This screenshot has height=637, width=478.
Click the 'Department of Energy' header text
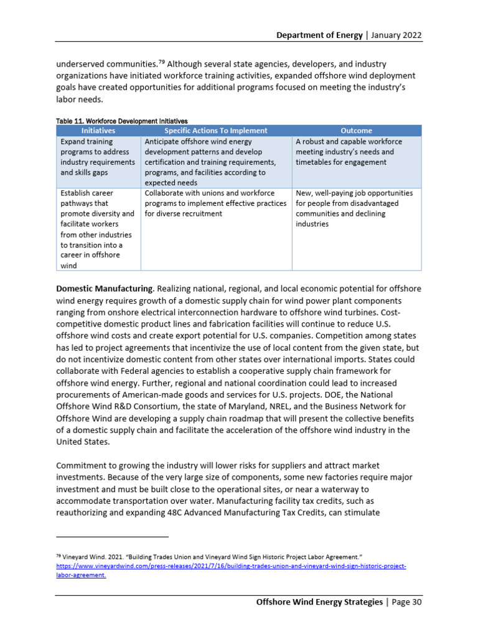[319, 35]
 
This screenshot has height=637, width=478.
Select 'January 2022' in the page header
[396, 35]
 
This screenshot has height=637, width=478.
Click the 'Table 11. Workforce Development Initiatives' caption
[122, 121]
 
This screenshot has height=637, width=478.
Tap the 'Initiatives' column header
[98, 131]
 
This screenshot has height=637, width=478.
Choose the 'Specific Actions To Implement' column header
[216, 131]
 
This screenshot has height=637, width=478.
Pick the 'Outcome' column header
[357, 131]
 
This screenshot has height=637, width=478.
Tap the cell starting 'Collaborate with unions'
[215, 203]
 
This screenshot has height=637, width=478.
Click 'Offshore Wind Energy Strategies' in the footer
[320, 602]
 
